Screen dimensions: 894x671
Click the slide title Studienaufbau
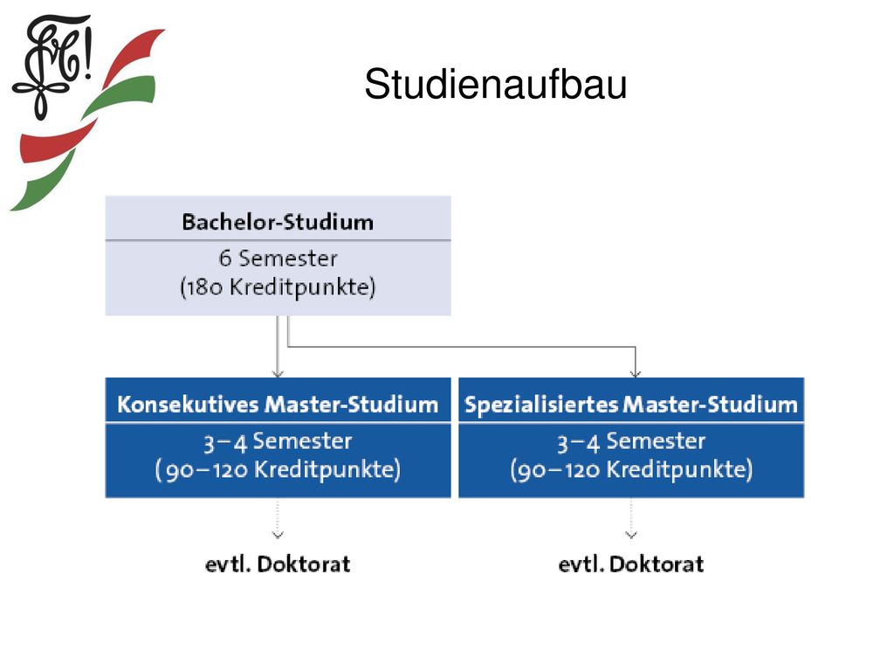pyautogui.click(x=496, y=85)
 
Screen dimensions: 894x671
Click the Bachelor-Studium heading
pyautogui.click(x=278, y=221)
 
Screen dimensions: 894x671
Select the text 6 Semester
pyautogui.click(x=278, y=259)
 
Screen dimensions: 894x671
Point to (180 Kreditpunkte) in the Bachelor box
pyautogui.click(x=278, y=287)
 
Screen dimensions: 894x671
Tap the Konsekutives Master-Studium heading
pyautogui.click(x=278, y=404)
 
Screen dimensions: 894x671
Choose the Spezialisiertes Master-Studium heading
pyautogui.click(x=631, y=404)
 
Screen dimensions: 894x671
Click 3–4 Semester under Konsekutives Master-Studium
pyautogui.click(x=278, y=441)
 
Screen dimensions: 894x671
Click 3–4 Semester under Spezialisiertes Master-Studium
pyautogui.click(x=631, y=441)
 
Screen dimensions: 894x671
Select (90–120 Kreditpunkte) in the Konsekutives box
pyautogui.click(x=278, y=469)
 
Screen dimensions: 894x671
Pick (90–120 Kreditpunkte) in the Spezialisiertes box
pyautogui.click(x=631, y=469)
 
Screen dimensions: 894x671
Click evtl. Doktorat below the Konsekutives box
pyautogui.click(x=278, y=564)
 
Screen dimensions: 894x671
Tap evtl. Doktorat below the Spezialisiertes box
pyautogui.click(x=631, y=564)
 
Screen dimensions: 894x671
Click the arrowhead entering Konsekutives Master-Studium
pyautogui.click(x=278, y=374)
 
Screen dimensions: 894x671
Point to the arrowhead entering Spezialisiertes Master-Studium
pyautogui.click(x=636, y=374)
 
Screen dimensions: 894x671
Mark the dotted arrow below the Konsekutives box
pyautogui.click(x=278, y=519)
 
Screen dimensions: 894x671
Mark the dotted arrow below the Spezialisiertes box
pyautogui.click(x=631, y=519)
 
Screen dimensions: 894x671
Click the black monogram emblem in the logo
pyautogui.click(x=52, y=66)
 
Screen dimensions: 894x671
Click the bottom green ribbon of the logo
pyautogui.click(x=43, y=183)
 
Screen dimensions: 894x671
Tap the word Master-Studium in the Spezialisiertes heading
pyautogui.click(x=711, y=404)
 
